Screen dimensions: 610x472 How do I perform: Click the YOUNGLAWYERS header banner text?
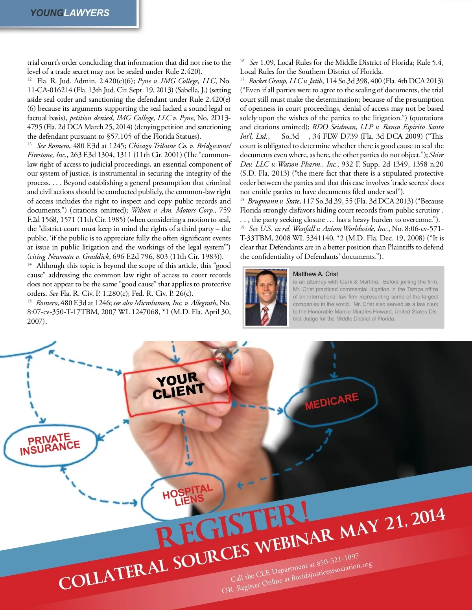pos(70,13)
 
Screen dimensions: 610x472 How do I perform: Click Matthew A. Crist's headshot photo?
pos(266,297)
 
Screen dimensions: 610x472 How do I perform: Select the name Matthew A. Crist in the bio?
pos(315,274)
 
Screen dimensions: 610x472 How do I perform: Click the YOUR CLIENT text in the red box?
pos(179,385)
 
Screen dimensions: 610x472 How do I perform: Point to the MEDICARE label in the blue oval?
pos(332,401)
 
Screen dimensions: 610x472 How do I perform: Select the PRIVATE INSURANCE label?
pos(50,444)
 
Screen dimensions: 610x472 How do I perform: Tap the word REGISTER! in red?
pos(232,524)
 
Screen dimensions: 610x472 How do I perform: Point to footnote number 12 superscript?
pos(29,79)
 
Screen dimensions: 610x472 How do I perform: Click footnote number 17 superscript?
pos(242,79)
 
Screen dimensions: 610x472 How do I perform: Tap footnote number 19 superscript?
pos(242,227)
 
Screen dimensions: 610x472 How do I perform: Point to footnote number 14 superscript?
pos(29,264)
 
